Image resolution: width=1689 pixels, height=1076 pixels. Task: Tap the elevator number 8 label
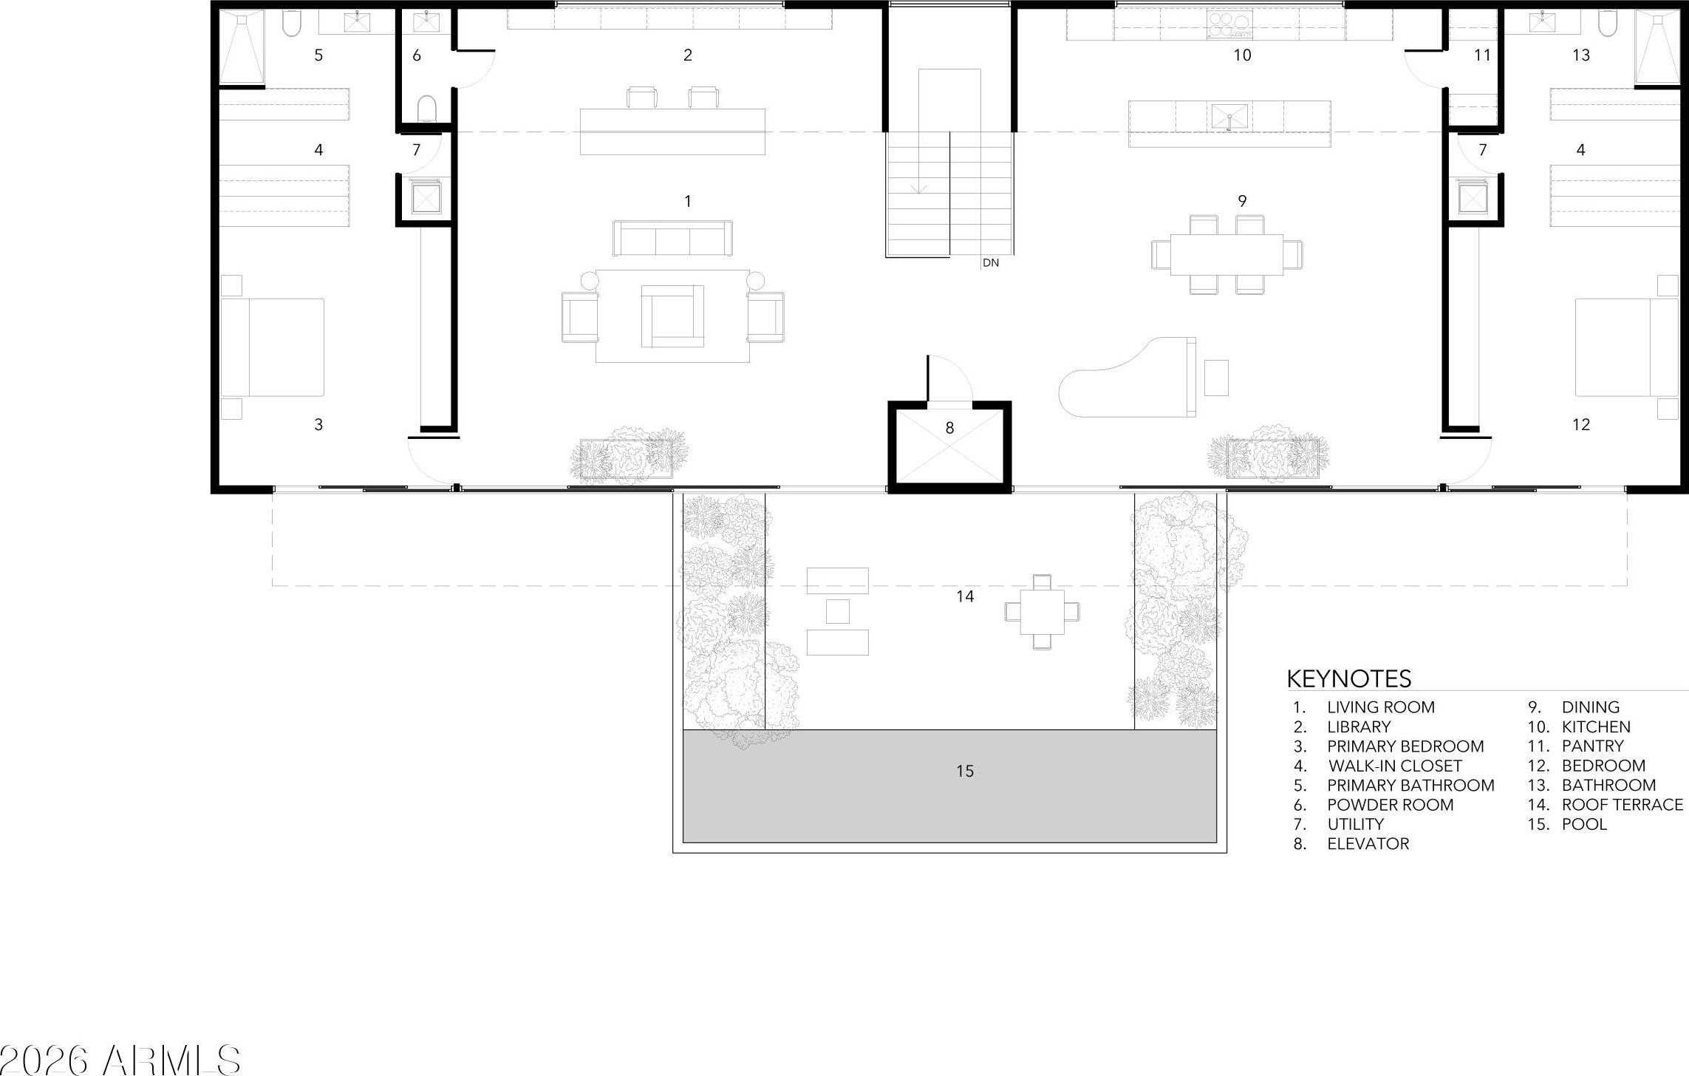click(949, 427)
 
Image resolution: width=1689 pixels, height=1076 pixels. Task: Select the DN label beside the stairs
click(991, 262)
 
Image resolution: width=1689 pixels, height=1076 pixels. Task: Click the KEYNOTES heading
click(1349, 678)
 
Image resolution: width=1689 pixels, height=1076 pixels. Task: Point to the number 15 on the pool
click(965, 771)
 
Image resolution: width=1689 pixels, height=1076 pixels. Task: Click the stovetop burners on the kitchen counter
click(1229, 24)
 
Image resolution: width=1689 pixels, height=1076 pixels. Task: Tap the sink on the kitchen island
click(1229, 118)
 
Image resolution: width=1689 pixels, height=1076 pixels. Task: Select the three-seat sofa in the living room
click(672, 238)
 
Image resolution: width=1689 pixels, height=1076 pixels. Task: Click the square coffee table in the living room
click(672, 316)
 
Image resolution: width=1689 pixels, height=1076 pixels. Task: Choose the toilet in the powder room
click(427, 109)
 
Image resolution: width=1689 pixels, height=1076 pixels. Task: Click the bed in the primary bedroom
click(273, 347)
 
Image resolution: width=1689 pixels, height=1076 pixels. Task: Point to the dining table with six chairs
click(1226, 254)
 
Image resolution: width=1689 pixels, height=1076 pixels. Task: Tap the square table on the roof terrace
click(1042, 612)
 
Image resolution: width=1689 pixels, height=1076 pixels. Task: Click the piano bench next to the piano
click(1216, 378)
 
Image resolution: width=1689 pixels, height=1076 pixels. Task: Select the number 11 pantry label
click(1482, 55)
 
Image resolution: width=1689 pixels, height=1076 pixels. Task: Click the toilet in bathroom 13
click(1608, 24)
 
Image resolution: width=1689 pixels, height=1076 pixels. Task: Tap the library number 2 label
click(688, 55)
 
